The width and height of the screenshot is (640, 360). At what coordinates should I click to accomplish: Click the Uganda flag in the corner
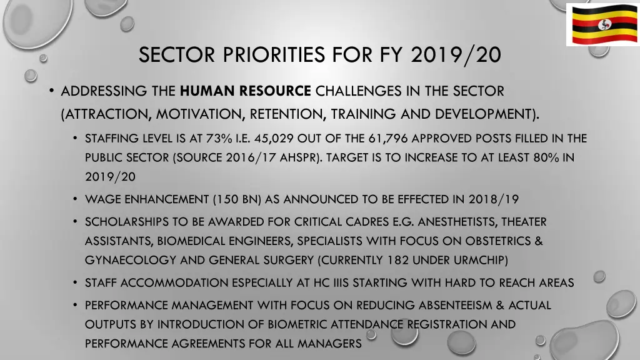pyautogui.click(x=602, y=24)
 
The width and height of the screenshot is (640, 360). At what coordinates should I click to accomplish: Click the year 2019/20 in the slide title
pyautogui.click(x=456, y=55)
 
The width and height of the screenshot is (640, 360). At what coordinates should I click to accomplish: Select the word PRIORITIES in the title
pyautogui.click(x=262, y=55)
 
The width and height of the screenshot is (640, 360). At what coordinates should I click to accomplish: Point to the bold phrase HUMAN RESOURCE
pyautogui.click(x=245, y=91)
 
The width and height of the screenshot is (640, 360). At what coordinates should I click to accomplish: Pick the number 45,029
pyautogui.click(x=272, y=139)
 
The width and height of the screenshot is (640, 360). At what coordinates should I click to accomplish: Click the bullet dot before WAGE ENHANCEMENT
pyautogui.click(x=74, y=199)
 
